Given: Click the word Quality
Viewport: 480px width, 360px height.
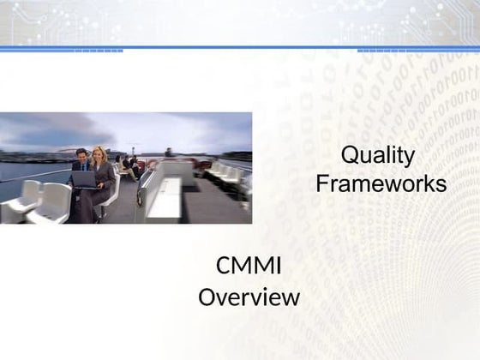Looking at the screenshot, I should click(377, 156).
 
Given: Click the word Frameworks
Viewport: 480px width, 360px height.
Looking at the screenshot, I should click(381, 183).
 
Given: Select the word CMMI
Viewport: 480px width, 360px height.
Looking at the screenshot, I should click(249, 267).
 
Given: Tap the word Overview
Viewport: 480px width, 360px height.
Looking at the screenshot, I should click(249, 297).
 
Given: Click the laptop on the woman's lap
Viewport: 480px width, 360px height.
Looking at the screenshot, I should click(85, 179).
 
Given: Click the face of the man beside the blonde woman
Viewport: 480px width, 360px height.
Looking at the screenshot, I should click(81, 156).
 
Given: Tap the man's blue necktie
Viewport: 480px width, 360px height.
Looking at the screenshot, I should click(83, 169).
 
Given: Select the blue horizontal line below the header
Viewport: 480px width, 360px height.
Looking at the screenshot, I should click(240, 48).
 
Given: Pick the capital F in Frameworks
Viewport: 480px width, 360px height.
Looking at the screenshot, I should click(322, 183).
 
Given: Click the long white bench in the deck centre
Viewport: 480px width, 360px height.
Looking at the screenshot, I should click(163, 193).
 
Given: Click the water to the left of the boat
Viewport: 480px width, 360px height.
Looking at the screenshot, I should click(26, 171).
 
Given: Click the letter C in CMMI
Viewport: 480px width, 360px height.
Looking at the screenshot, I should click(224, 267).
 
